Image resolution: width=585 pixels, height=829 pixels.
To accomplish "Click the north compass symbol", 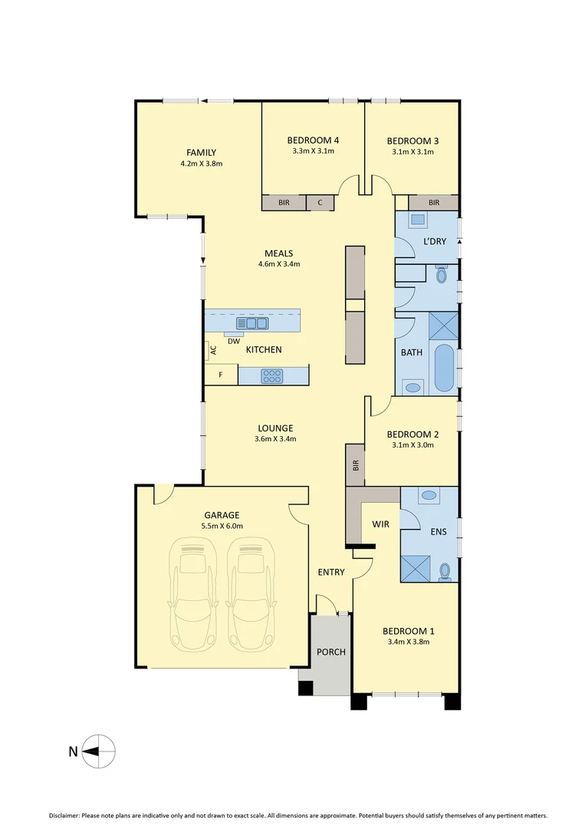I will pyautogui.click(x=100, y=751).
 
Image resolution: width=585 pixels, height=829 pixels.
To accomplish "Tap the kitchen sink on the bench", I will pyautogui.click(x=252, y=323).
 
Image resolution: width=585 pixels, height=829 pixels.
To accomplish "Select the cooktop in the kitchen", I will pyautogui.click(x=272, y=376).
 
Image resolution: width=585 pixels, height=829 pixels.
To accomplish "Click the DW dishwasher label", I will pyautogui.click(x=233, y=341).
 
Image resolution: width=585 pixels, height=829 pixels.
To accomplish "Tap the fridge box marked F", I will pyautogui.click(x=221, y=375).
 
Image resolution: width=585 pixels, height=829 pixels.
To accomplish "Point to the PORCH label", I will pyautogui.click(x=331, y=652).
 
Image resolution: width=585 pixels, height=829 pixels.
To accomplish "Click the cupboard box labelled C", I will pyautogui.click(x=320, y=203).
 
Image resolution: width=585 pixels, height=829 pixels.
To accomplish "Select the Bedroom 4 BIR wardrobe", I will pyautogui.click(x=284, y=203).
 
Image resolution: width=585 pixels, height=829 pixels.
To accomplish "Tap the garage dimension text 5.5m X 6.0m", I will pyautogui.click(x=222, y=526).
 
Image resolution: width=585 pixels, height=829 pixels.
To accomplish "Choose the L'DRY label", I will pyautogui.click(x=435, y=242).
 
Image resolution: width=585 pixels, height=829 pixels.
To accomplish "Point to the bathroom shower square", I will pyautogui.click(x=442, y=325).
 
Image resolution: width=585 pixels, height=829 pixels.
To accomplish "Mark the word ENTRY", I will pyautogui.click(x=331, y=572).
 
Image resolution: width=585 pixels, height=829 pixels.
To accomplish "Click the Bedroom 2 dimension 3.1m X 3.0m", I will pyautogui.click(x=412, y=444).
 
